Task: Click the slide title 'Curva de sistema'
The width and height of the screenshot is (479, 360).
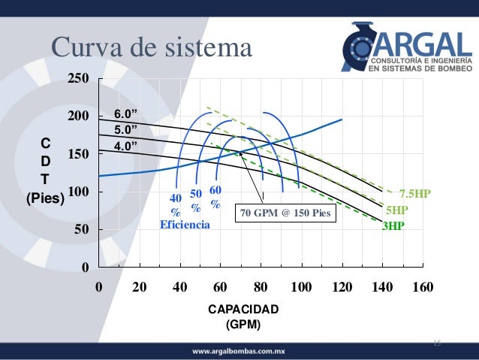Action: [x=151, y=47]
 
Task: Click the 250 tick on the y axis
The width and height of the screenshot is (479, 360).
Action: [x=78, y=78]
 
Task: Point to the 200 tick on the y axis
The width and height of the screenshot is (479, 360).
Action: [x=78, y=116]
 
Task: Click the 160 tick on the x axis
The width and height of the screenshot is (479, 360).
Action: [x=423, y=287]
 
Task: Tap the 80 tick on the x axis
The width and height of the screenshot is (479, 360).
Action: [x=261, y=287]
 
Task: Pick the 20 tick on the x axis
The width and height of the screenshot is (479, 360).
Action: [x=139, y=287]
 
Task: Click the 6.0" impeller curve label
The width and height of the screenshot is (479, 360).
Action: [x=126, y=114]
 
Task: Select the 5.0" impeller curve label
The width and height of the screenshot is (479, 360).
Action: [x=126, y=129]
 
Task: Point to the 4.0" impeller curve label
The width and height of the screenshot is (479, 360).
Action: [x=126, y=145]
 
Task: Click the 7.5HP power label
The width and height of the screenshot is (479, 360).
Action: [x=414, y=193]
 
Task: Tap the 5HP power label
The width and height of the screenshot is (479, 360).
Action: [x=397, y=210]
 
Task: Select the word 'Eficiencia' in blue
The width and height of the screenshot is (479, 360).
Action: [x=185, y=224]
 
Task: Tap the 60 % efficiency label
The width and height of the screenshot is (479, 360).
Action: [x=215, y=197]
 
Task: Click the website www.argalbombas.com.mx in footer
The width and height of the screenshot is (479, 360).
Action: [x=239, y=351]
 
